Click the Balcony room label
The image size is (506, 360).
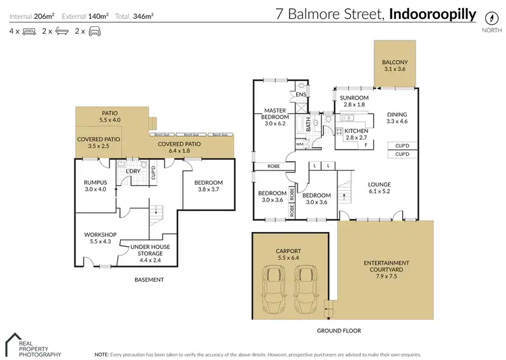pos(395,65)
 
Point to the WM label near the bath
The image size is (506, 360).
pos(300,144)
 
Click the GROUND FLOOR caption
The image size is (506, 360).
pos(339,331)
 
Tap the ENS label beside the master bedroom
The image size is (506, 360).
pos(301,94)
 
